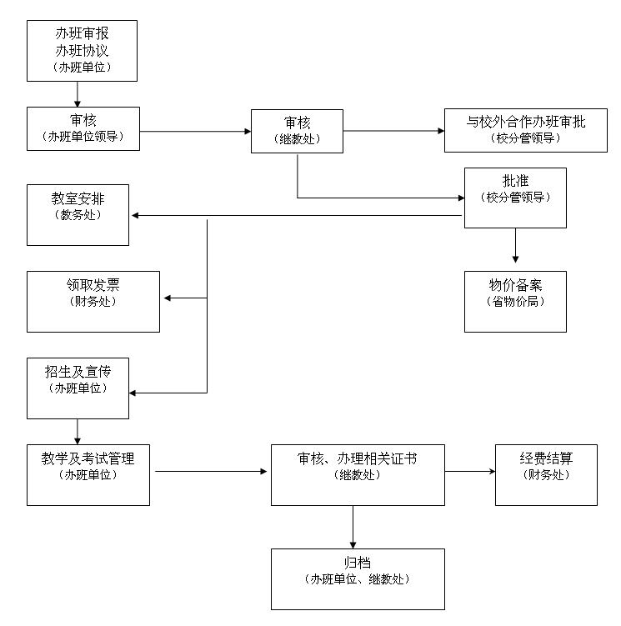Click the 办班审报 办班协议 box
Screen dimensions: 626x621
(82, 51)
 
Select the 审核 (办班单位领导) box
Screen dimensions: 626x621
(83, 128)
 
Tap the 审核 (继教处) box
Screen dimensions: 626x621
(297, 131)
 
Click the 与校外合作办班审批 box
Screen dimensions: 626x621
(525, 130)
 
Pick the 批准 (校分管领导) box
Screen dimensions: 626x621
(514, 198)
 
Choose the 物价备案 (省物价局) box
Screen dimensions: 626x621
(514, 301)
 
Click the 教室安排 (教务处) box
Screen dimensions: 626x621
(78, 215)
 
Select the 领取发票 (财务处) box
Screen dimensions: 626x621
(93, 301)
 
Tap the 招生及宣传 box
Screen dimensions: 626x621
(78, 388)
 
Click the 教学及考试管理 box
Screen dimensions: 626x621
(88, 474)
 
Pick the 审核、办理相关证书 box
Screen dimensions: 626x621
(358, 474)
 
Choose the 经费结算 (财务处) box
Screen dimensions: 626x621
(546, 474)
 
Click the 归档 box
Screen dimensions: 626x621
(358, 578)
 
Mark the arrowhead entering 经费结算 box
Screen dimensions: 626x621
(490, 472)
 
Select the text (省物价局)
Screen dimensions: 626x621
(514, 302)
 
